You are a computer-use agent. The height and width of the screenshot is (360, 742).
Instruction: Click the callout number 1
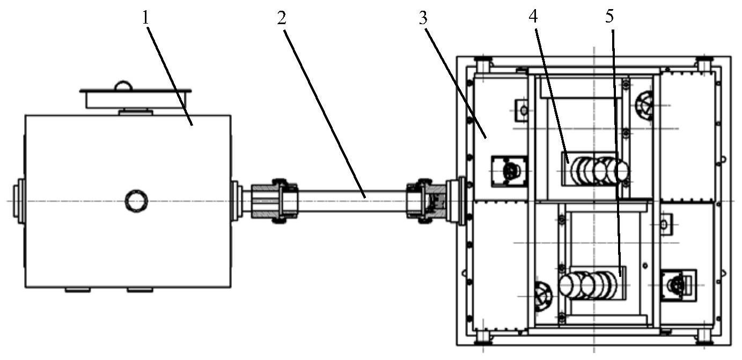[x=145, y=18]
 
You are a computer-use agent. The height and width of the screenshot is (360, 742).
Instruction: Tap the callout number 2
[x=281, y=19]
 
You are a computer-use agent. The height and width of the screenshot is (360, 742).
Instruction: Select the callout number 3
[x=423, y=19]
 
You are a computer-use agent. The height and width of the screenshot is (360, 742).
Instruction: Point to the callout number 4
[x=533, y=16]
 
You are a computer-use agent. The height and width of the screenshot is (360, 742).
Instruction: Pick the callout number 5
[x=609, y=16]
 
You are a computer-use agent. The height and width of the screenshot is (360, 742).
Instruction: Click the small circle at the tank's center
[x=136, y=201]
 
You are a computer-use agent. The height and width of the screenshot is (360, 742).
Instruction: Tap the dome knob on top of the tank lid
[x=123, y=85]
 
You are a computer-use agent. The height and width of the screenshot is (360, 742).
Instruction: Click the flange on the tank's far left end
[x=19, y=201]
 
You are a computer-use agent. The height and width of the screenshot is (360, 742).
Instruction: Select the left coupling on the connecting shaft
[x=274, y=201]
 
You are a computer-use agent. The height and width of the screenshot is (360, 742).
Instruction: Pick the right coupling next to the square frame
[x=427, y=201]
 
